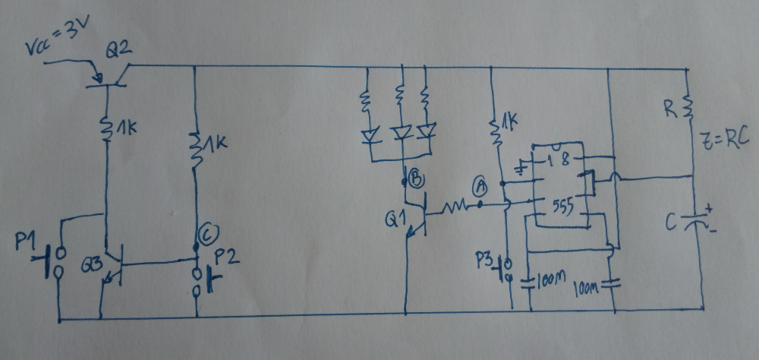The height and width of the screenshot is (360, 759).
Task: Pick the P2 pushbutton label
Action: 228,257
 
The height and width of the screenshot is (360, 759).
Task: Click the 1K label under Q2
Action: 122,131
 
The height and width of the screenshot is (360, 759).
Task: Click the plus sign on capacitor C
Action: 710,207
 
